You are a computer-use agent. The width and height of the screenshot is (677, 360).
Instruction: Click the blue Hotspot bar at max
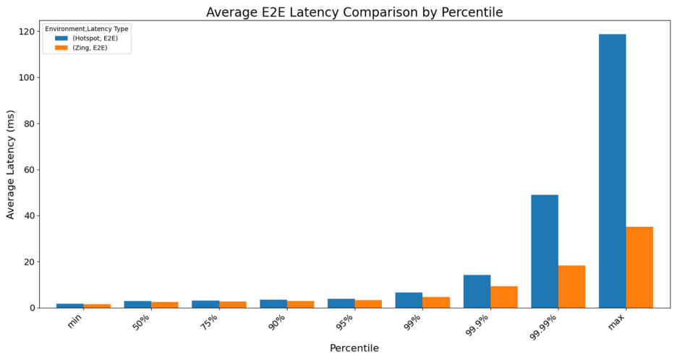pyautogui.click(x=612, y=171)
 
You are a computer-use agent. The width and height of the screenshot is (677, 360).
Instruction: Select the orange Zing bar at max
pyautogui.click(x=639, y=267)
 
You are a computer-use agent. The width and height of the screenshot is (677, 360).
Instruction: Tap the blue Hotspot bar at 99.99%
pyautogui.click(x=544, y=251)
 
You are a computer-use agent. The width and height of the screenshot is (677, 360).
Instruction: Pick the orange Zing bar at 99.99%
pyautogui.click(x=571, y=286)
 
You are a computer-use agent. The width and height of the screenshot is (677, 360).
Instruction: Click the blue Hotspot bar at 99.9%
pyautogui.click(x=477, y=291)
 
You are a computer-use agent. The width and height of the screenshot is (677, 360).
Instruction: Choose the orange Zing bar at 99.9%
pyautogui.click(x=504, y=297)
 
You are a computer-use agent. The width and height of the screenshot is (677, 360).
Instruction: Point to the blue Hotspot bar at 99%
pyautogui.click(x=409, y=300)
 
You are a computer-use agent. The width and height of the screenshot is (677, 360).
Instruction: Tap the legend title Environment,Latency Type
pyautogui.click(x=87, y=28)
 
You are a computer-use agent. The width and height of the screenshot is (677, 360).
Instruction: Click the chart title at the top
pyautogui.click(x=354, y=12)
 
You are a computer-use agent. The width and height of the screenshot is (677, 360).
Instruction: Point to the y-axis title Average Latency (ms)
pyautogui.click(x=11, y=165)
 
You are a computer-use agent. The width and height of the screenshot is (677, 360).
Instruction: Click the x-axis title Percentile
pyautogui.click(x=354, y=348)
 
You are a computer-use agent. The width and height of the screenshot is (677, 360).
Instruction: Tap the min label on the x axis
pyautogui.click(x=74, y=321)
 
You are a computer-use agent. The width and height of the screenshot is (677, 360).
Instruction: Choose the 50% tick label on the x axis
pyautogui.click(x=142, y=322)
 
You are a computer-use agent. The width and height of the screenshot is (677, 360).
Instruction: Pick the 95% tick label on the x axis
pyautogui.click(x=345, y=322)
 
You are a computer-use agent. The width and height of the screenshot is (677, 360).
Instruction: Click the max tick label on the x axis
pyautogui.click(x=616, y=321)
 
